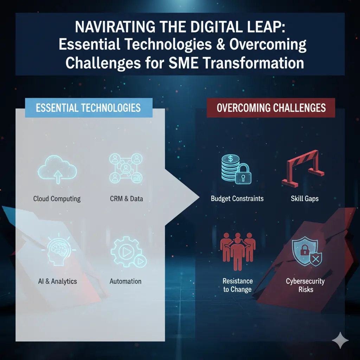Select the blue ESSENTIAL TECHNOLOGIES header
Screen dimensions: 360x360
[x=88, y=108]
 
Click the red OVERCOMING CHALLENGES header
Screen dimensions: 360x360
[x=271, y=108]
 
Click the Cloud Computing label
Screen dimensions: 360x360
[x=57, y=199]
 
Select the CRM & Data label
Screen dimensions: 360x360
[x=126, y=199]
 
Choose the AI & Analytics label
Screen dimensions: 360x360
[x=57, y=281]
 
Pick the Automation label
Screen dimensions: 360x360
[x=126, y=281]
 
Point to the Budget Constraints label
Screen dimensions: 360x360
[x=237, y=199]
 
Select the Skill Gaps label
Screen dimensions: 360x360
[x=304, y=199]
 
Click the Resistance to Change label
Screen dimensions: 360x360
[x=238, y=285]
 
